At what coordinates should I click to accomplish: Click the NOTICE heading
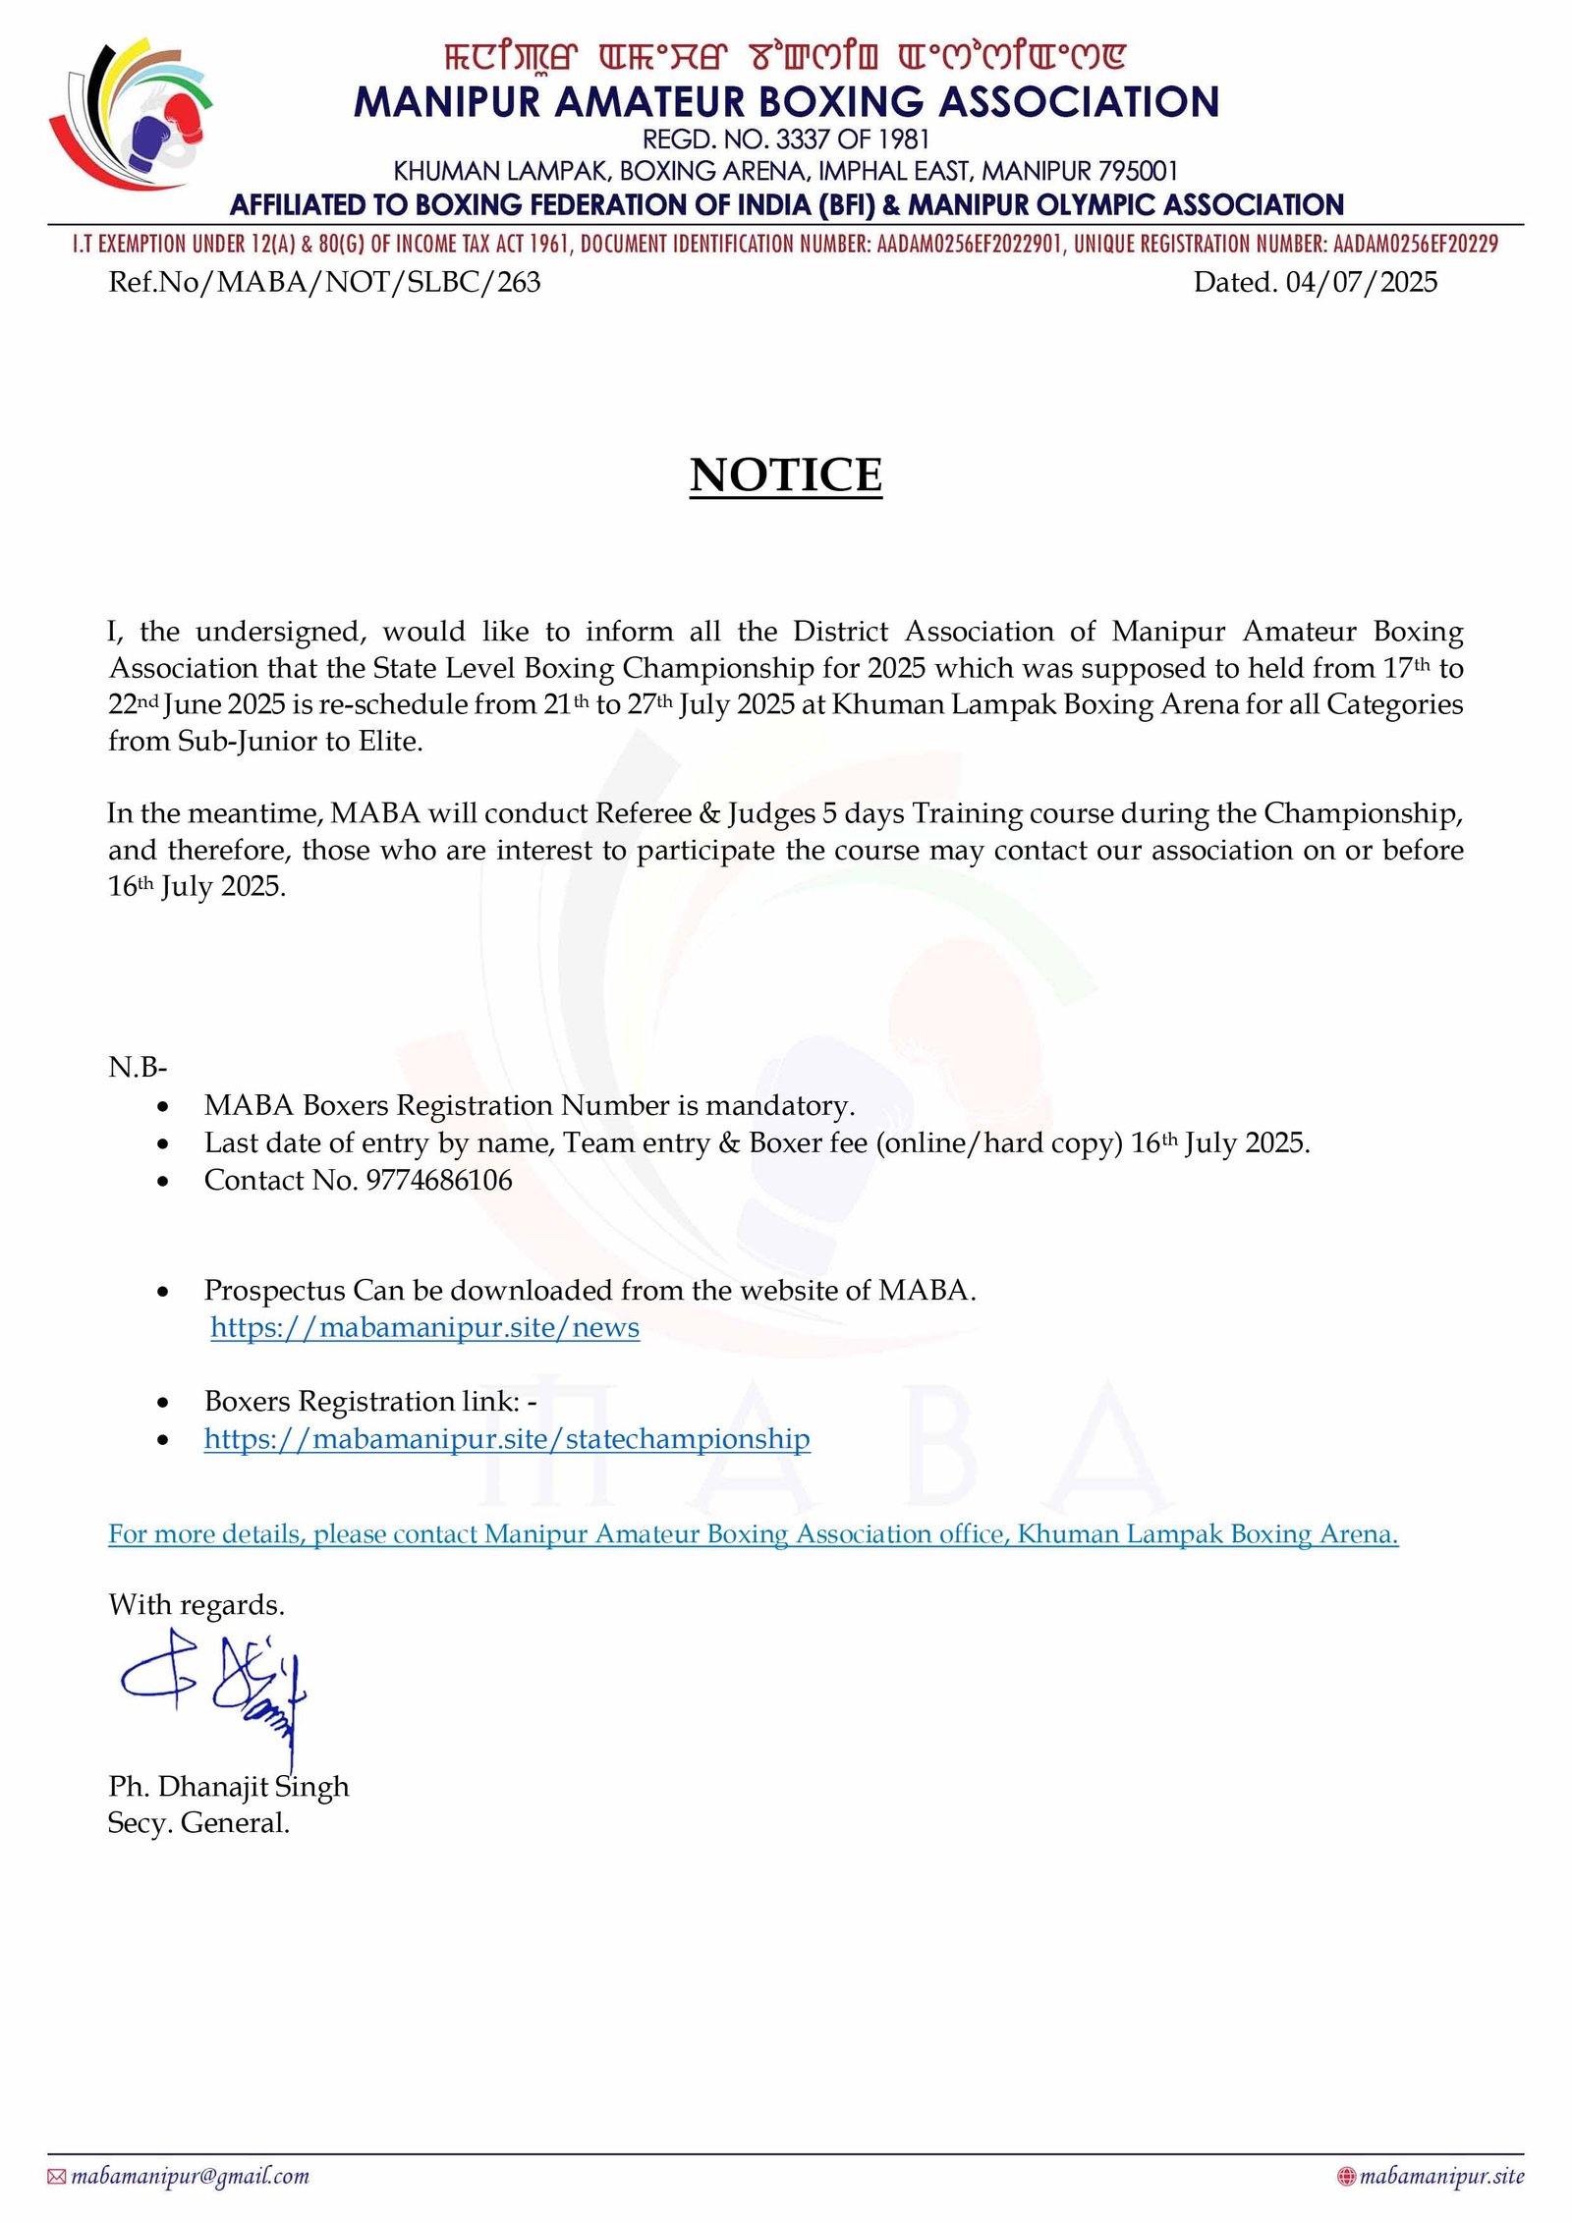[x=785, y=475]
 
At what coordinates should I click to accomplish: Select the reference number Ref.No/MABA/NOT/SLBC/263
[x=324, y=282]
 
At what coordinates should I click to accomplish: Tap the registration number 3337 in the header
[x=803, y=139]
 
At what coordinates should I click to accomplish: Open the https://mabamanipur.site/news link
[x=424, y=1327]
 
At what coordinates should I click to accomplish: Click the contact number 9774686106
[x=439, y=1180]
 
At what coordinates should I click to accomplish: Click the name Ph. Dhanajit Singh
[x=228, y=1786]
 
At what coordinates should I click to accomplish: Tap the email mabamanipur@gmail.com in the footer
[x=190, y=2176]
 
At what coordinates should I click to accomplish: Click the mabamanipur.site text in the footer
[x=1441, y=2176]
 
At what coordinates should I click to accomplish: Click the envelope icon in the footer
[x=57, y=2177]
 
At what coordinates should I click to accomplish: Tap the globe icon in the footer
[x=1346, y=2177]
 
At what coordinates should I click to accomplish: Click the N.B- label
[x=138, y=1067]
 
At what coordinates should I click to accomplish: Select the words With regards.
[x=196, y=1605]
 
